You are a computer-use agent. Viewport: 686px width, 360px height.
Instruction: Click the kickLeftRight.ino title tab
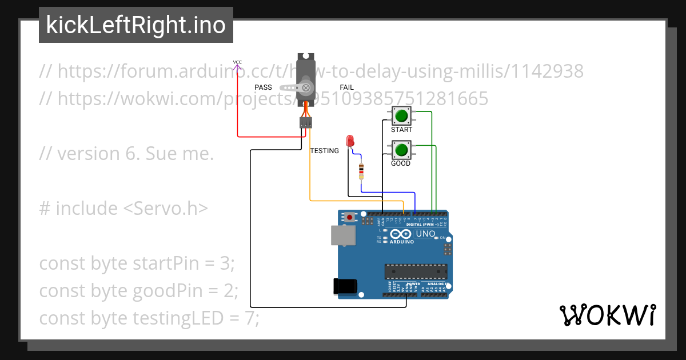tap(135, 25)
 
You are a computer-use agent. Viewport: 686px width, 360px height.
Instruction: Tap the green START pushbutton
tap(401, 116)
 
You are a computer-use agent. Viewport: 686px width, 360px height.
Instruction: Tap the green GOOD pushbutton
tap(401, 150)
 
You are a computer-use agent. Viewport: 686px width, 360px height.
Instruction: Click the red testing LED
tap(350, 141)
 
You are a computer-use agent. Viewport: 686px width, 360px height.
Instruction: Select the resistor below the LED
tap(361, 171)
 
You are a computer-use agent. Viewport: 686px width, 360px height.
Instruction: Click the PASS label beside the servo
tap(263, 87)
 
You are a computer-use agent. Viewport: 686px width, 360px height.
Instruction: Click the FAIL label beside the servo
tap(346, 87)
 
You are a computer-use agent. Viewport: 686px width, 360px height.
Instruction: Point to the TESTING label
tap(324, 151)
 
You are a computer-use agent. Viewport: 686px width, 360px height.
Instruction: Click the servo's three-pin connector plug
tap(306, 122)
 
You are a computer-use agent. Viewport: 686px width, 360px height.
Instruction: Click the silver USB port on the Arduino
tap(342, 235)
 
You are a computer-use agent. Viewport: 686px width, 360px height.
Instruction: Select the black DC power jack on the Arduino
tap(345, 286)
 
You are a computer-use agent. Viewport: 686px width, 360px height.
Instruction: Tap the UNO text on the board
tap(425, 234)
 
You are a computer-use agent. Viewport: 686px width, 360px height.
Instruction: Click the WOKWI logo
tap(607, 315)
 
